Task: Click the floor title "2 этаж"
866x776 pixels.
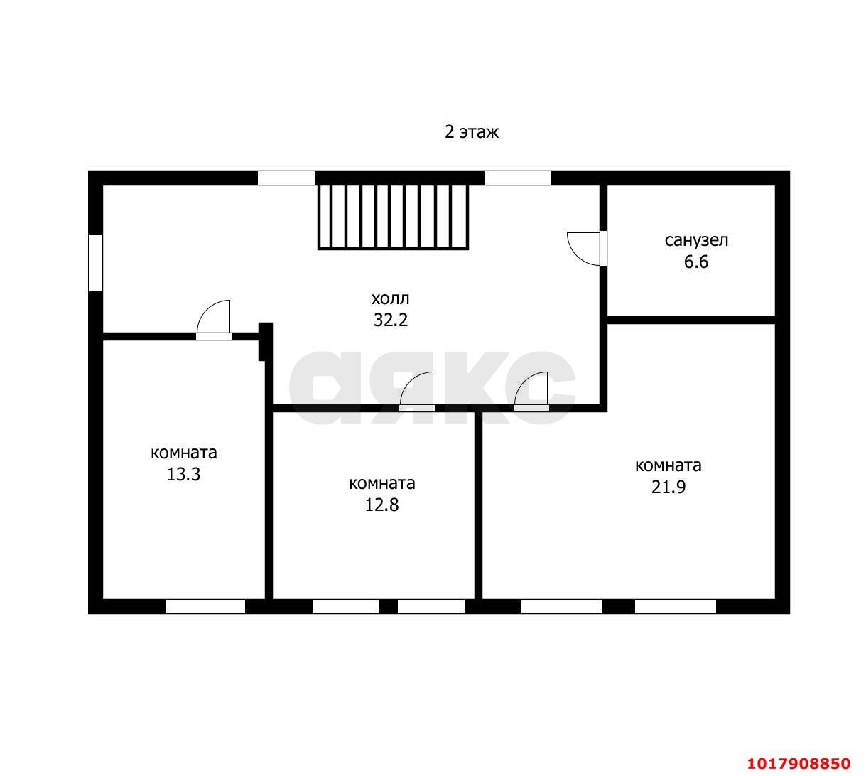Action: [472, 132]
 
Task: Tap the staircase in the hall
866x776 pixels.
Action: [393, 217]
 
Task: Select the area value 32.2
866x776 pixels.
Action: [391, 320]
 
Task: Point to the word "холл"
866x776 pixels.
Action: [390, 299]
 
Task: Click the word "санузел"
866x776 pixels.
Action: [696, 240]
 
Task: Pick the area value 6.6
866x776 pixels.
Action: [696, 262]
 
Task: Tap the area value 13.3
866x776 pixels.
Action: [183, 474]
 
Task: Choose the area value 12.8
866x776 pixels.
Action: [381, 505]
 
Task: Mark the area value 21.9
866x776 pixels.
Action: [669, 487]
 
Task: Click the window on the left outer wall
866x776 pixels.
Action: [95, 262]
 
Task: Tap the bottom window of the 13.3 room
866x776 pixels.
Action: [205, 606]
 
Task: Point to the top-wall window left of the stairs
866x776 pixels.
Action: [286, 178]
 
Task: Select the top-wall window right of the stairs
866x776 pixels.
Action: [518, 178]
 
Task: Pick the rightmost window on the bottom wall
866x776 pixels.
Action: [676, 606]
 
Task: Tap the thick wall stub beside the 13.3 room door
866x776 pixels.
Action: [266, 342]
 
